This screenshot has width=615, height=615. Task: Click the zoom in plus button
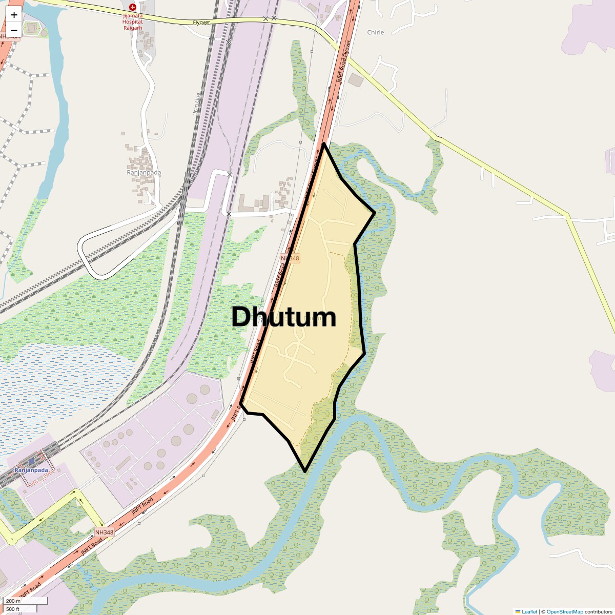click(14, 15)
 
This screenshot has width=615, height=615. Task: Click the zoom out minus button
click(14, 30)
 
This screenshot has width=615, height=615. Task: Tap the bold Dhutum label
click(283, 317)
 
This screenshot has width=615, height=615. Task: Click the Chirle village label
click(375, 32)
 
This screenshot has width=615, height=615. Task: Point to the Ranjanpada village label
click(143, 172)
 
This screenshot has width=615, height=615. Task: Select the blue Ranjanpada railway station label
click(31, 470)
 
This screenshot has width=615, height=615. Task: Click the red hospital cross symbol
click(133, 7)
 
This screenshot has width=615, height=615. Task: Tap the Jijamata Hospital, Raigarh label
click(133, 22)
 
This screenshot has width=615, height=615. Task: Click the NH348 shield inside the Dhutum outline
click(290, 258)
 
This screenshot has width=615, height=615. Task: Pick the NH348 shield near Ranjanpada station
click(104, 532)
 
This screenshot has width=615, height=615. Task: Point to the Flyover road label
click(202, 23)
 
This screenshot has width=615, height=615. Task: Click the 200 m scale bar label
click(13, 601)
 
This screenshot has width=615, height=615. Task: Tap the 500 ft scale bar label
click(13, 609)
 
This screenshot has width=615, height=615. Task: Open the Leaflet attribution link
click(529, 611)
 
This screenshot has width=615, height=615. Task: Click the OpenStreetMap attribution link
click(564, 611)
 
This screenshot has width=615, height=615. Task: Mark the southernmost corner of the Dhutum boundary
click(305, 471)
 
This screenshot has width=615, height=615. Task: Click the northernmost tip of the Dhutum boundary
click(324, 144)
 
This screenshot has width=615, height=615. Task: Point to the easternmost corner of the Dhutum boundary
click(375, 212)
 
